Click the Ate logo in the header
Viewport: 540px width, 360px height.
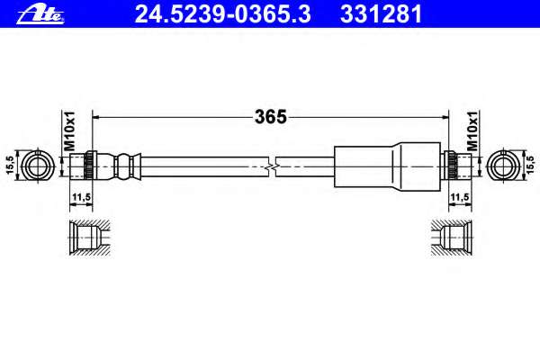[x=40, y=14]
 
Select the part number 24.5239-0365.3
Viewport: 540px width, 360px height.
[x=222, y=14]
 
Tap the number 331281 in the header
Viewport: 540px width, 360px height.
[x=381, y=14]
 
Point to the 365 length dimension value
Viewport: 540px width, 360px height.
[x=271, y=117]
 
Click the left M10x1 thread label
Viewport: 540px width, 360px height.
[x=69, y=130]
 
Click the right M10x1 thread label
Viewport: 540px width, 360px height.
[x=472, y=130]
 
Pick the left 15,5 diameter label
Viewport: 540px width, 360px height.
[x=10, y=166]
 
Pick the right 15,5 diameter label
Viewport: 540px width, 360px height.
[x=532, y=164]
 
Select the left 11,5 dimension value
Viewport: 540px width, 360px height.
[x=81, y=197]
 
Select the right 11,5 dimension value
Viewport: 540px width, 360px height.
[x=460, y=197]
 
